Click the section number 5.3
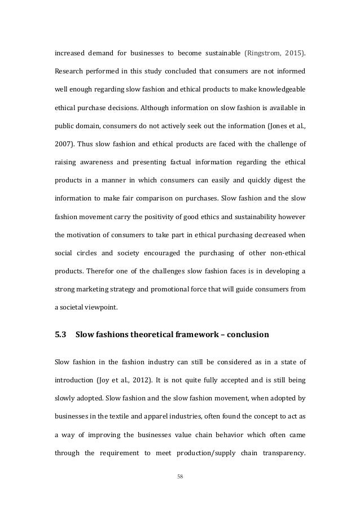(x=60, y=334)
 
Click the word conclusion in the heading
(x=244, y=334)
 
